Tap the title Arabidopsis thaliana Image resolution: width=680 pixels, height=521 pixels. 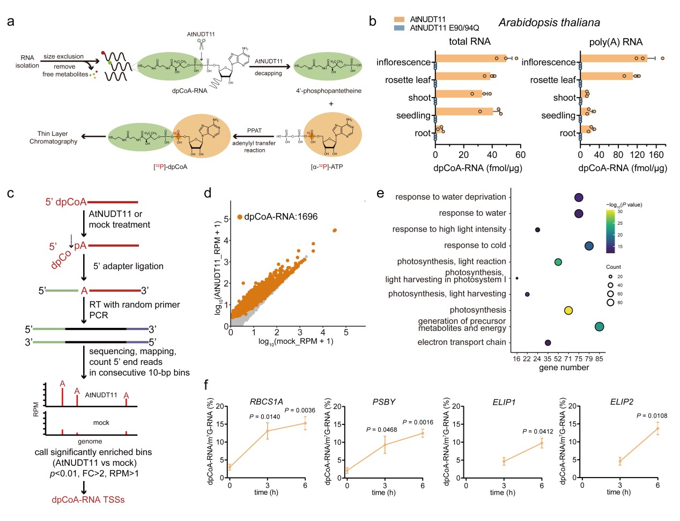click(549, 23)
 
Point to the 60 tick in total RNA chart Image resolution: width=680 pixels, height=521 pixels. click(520, 155)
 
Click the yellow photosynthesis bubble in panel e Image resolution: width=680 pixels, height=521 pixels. click(568, 310)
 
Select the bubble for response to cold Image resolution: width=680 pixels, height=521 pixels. click(589, 246)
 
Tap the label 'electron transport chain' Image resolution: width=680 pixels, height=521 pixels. click(462, 342)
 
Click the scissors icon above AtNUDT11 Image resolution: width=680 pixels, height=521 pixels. click(201, 43)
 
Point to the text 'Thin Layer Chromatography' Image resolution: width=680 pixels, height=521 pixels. click(53, 137)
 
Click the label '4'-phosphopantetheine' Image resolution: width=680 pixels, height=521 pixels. click(329, 91)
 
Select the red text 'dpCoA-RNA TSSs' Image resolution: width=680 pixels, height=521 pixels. click(88, 500)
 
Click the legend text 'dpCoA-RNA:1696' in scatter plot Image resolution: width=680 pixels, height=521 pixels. click(280, 217)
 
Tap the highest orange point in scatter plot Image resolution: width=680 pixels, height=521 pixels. click(335, 230)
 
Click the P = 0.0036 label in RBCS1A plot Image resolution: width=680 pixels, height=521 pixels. click(300, 410)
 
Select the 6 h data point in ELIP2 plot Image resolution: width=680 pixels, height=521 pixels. click(657, 428)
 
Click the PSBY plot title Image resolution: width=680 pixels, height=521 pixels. click(384, 402)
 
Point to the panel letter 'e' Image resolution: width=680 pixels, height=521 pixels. click(380, 193)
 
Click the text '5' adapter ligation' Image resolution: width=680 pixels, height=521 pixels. click(128, 266)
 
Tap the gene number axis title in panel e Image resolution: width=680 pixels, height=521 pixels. click(564, 368)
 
